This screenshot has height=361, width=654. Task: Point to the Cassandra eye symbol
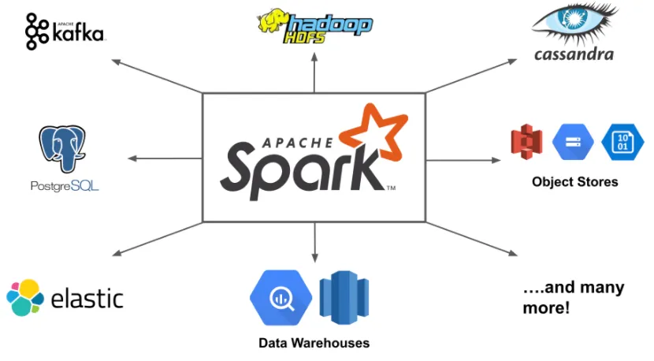pyautogui.click(x=573, y=24)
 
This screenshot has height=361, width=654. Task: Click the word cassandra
pyautogui.click(x=573, y=54)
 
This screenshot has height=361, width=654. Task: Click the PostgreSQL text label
pyautogui.click(x=65, y=187)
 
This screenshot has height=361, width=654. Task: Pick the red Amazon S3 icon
pyautogui.click(x=527, y=143)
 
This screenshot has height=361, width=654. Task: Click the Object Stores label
pyautogui.click(x=574, y=182)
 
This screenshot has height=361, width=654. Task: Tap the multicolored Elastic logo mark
pyautogui.click(x=25, y=297)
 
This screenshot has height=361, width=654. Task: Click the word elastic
pyautogui.click(x=87, y=299)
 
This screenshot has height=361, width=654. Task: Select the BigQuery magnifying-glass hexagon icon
pyautogui.click(x=281, y=298)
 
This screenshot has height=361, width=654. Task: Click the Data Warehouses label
pyautogui.click(x=314, y=343)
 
